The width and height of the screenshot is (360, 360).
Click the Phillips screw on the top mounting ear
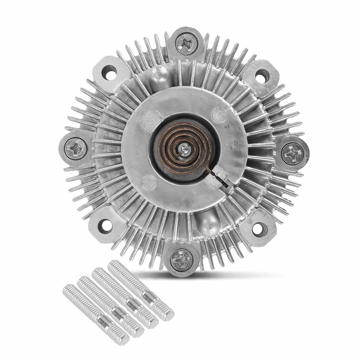[x=186, y=43]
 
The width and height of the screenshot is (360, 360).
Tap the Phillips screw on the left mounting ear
[x=76, y=148]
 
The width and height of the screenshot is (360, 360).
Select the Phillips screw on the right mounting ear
[x=292, y=154]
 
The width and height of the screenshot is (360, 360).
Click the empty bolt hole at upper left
[x=109, y=73]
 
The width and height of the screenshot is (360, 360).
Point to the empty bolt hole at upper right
[x=262, y=76]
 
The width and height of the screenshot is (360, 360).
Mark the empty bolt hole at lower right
[x=258, y=229]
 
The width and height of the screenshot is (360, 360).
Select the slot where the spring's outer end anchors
[x=220, y=178]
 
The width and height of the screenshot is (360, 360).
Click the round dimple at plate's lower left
[x=148, y=181]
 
